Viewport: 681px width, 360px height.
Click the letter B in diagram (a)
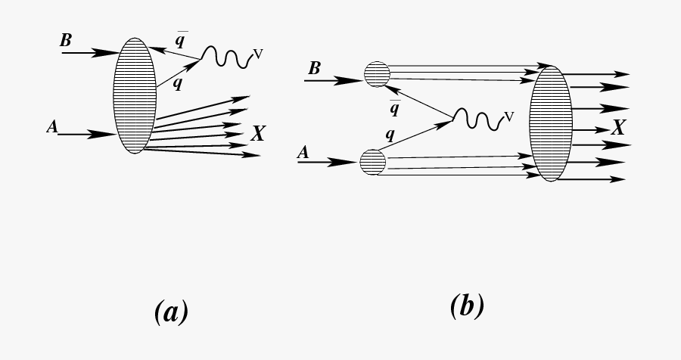tap(66, 40)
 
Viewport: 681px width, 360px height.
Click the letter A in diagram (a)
tap(52, 127)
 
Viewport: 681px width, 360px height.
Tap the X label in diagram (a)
tap(258, 134)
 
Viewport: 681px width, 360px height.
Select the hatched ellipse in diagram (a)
tap(135, 95)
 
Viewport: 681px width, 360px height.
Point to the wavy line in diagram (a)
tap(225, 58)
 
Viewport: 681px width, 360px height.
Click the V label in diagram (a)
tap(257, 54)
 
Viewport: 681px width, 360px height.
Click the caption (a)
tap(171, 312)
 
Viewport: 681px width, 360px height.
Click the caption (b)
tap(467, 306)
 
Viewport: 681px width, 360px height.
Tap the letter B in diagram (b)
tap(314, 69)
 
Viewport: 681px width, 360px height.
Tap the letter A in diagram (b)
tap(303, 154)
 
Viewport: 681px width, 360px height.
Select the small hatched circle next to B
tap(377, 74)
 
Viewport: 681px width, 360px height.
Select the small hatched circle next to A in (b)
tap(372, 162)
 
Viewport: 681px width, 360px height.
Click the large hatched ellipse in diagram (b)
tap(552, 123)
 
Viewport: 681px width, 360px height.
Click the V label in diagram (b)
tap(508, 116)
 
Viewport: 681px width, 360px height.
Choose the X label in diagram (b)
tap(618, 129)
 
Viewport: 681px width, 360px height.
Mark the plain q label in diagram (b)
tap(390, 136)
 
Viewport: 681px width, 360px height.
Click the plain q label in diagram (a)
tap(177, 83)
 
